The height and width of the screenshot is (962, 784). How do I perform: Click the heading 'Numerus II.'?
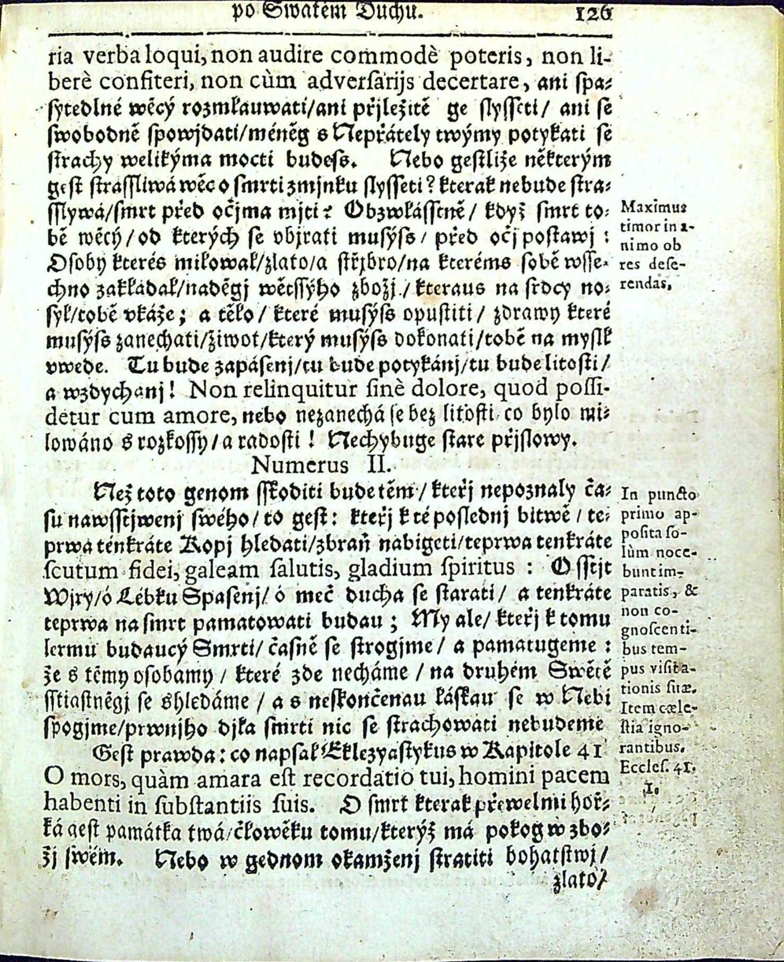[x=325, y=464]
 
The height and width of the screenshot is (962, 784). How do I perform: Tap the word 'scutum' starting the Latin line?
[x=74, y=567]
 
